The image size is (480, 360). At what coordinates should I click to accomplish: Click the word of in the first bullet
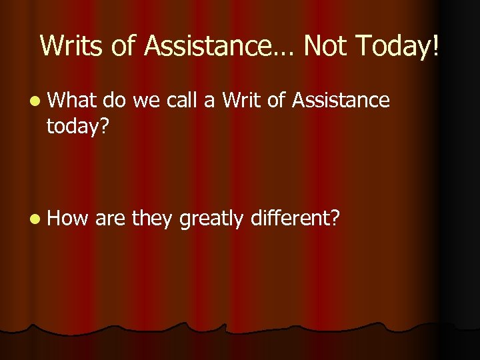point(275,101)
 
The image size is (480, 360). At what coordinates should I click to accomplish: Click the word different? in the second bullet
point(297,217)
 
